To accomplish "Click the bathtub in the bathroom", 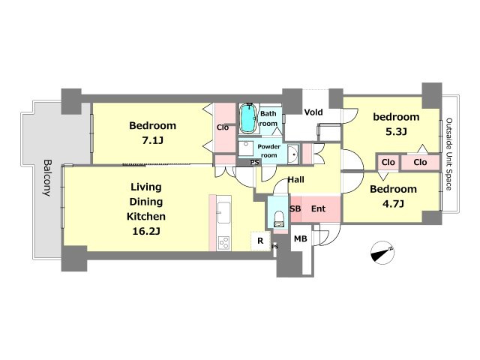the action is click(x=247, y=118).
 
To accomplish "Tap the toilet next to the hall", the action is click(x=279, y=218).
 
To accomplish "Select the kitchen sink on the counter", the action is click(x=223, y=213).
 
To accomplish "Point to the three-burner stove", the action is click(x=223, y=243).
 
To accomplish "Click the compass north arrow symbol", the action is click(x=382, y=253).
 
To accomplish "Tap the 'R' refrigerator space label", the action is click(x=260, y=241).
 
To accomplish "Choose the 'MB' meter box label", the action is click(x=300, y=238).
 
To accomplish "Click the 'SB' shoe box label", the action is click(x=295, y=208).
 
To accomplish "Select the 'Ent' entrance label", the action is click(x=318, y=208).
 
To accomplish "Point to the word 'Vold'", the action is click(x=313, y=112).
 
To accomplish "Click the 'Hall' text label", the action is click(x=296, y=179).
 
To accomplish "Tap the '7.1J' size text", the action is click(x=152, y=140).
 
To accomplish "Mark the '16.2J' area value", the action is click(x=146, y=231).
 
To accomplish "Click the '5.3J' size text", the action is click(x=396, y=132).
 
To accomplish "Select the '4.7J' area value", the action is click(x=393, y=203).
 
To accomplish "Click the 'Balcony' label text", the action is click(x=46, y=178).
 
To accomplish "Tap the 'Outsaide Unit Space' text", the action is click(x=448, y=154).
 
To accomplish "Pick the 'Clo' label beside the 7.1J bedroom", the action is click(x=223, y=127).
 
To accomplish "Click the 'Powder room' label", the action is click(x=268, y=151).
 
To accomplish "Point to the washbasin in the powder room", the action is click(x=293, y=153).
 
